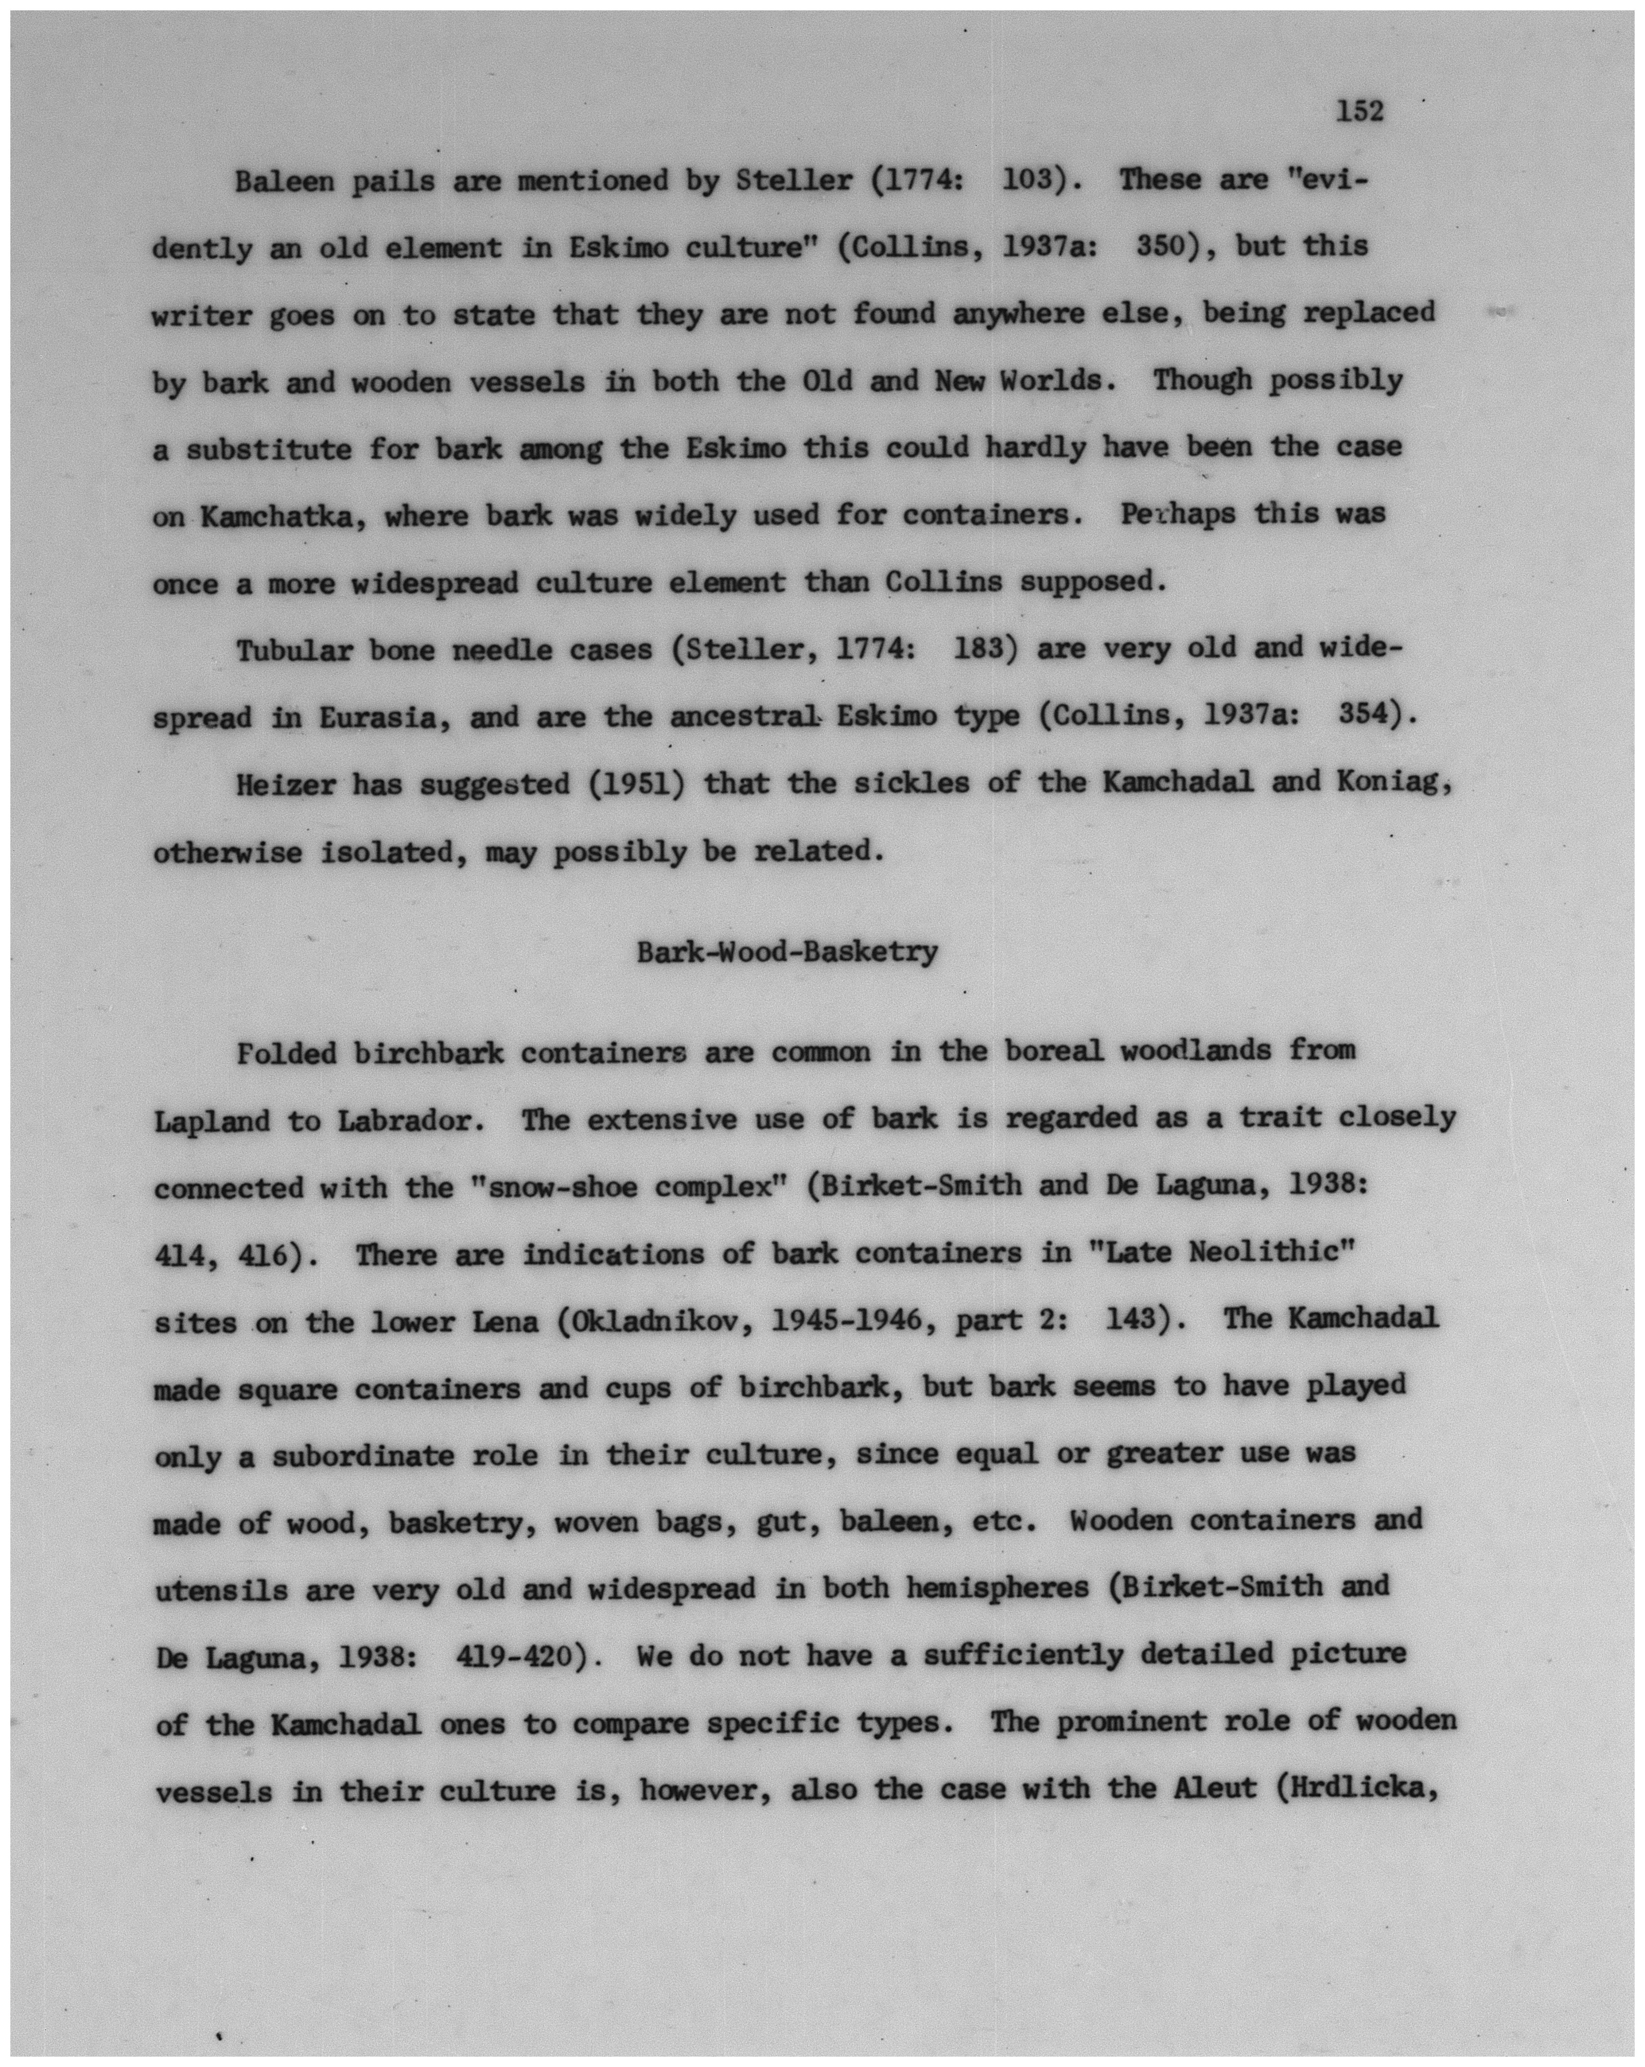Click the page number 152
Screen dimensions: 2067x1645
pos(1359,112)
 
